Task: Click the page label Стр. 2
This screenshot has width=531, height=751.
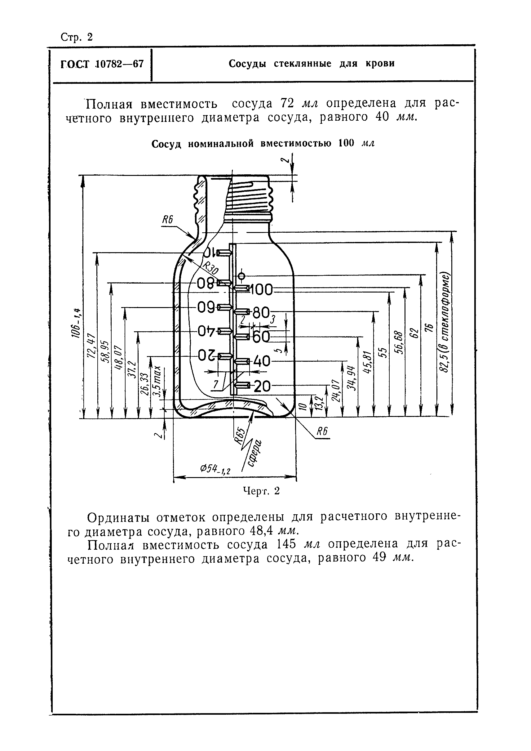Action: (x=77, y=37)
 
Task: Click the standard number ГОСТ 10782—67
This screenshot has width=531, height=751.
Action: (x=102, y=64)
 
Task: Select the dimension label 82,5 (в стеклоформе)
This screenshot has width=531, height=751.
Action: (x=445, y=322)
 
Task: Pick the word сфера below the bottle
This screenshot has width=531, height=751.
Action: (x=254, y=455)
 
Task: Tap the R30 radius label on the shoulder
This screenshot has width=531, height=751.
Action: (x=210, y=269)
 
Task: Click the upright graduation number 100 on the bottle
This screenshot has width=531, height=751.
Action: (x=262, y=290)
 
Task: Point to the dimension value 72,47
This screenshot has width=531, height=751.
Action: (x=91, y=346)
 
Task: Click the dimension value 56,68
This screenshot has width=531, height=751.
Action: (x=399, y=342)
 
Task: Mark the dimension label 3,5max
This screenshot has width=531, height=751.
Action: (x=157, y=381)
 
